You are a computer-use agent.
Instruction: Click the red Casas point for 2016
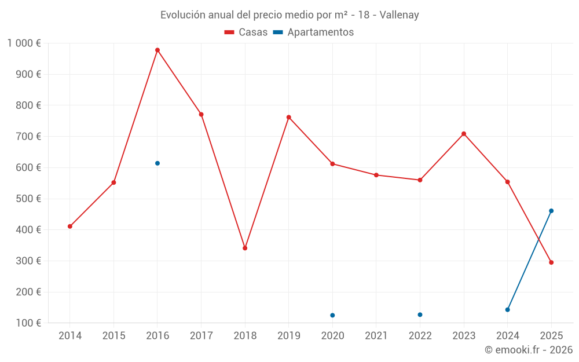pos(157,50)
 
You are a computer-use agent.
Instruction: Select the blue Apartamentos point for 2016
pos(157,163)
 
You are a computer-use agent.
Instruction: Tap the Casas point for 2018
pos(245,248)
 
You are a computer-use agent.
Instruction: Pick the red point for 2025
pos(551,262)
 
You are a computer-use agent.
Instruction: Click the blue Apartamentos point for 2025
pos(551,211)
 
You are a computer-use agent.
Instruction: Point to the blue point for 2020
pos(332,315)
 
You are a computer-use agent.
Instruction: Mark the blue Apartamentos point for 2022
pos(420,315)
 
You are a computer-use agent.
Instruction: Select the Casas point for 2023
pos(464,134)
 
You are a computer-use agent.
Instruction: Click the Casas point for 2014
pos(70,226)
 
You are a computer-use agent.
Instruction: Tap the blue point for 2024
pos(508,310)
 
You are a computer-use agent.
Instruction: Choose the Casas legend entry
pos(246,32)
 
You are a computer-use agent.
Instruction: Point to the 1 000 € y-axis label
pos(24,43)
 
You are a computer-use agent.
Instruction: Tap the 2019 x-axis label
pos(289,336)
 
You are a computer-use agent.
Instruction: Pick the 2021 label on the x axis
pos(376,336)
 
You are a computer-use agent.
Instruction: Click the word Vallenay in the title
pos(399,15)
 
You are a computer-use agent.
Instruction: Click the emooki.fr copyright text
pos(529,350)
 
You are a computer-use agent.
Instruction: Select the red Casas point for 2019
pos(289,117)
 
